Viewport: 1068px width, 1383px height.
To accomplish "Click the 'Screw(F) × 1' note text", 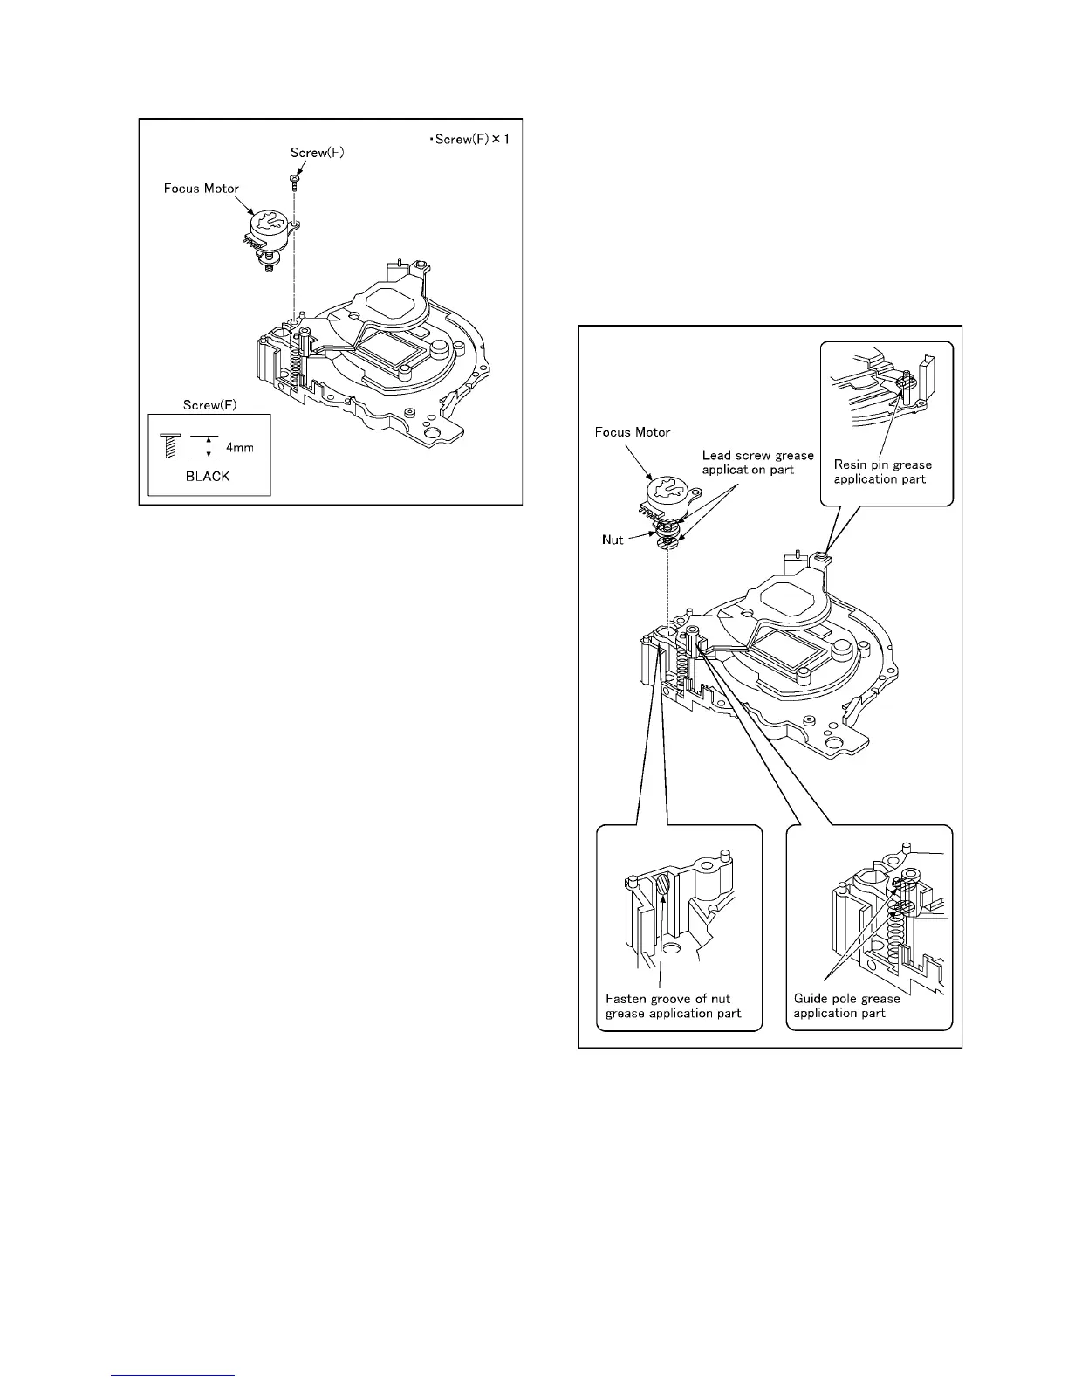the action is [469, 141].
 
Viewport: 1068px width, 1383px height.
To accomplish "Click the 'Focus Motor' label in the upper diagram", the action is [202, 189].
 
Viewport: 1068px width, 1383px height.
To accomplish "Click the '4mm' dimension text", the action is [241, 448].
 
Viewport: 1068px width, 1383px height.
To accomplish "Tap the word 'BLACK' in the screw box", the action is [208, 477].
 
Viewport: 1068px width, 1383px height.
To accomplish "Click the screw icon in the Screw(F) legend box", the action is [171, 447].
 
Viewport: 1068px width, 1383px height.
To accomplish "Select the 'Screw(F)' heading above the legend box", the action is [210, 405].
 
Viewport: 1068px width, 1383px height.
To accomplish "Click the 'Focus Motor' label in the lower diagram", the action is [633, 433].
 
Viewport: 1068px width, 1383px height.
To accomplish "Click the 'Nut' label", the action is [613, 540].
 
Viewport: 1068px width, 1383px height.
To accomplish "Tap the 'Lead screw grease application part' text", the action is [757, 463].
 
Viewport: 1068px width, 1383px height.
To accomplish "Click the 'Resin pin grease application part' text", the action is [882, 471].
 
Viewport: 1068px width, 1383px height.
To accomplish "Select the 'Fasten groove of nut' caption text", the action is [668, 999].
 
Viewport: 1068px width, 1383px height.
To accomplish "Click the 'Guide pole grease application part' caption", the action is [846, 1006].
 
